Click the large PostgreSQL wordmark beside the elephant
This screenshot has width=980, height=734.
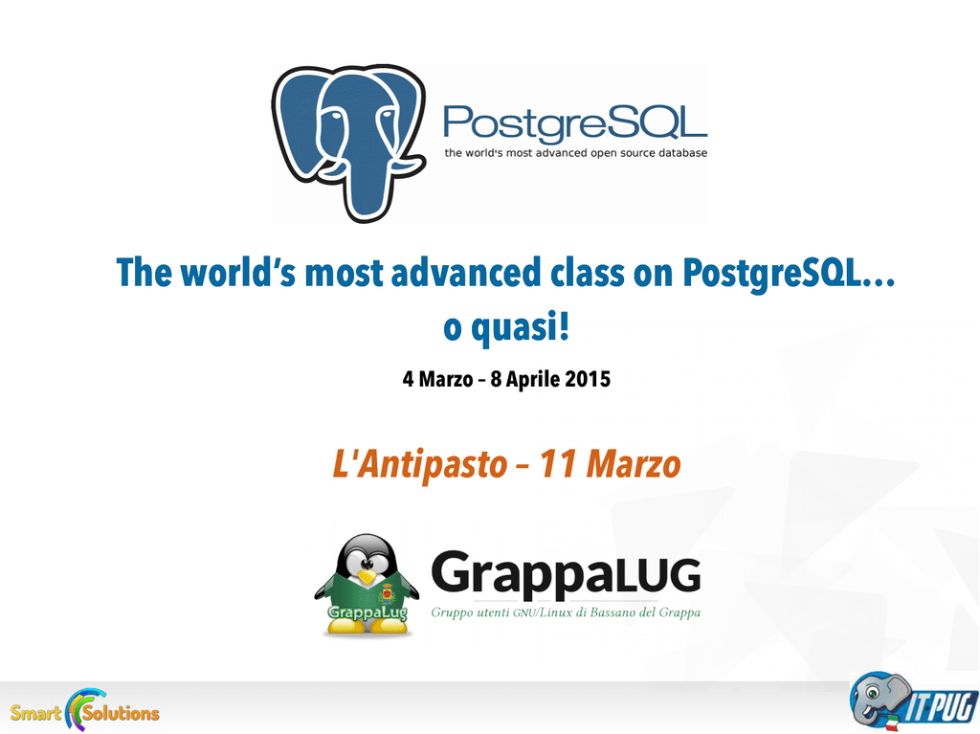tap(575, 122)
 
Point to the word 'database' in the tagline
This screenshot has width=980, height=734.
tap(682, 152)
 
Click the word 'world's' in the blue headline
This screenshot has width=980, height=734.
tap(238, 273)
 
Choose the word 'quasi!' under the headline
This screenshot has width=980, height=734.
tap(521, 327)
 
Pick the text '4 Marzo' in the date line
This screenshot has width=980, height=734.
tap(437, 379)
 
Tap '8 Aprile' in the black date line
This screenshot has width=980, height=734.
tap(524, 379)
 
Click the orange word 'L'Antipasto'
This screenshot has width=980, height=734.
tap(420, 464)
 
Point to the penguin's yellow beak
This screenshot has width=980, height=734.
tap(367, 576)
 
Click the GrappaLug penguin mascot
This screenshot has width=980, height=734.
tap(367, 586)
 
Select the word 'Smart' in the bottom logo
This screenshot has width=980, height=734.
tap(35, 713)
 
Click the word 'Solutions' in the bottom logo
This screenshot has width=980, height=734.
tap(121, 713)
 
